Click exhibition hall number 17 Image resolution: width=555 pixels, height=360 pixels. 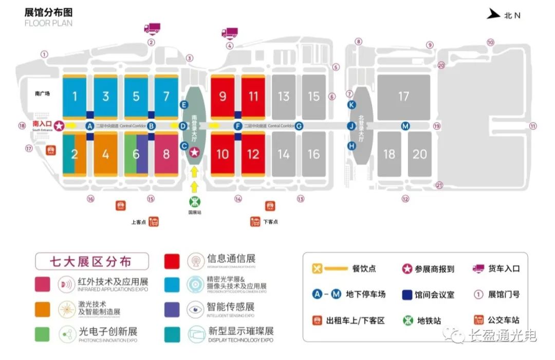[x=403, y=97]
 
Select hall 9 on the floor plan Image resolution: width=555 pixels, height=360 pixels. [x=223, y=97]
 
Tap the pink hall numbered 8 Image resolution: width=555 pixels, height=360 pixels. [x=166, y=154]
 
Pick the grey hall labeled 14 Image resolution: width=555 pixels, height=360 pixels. [x=283, y=154]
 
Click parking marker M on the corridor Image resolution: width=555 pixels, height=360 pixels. [x=405, y=126]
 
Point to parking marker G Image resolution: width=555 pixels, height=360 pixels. [x=299, y=126]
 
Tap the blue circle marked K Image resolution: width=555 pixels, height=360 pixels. [x=352, y=105]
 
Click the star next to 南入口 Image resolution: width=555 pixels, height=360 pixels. [x=60, y=125]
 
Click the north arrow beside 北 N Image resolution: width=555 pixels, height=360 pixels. [x=494, y=14]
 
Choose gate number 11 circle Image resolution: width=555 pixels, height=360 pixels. [x=533, y=126]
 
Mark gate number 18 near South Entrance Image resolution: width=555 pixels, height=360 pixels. [x=22, y=126]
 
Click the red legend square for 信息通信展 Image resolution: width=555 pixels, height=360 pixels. [x=172, y=261]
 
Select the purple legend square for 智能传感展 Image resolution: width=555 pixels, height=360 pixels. [x=172, y=309]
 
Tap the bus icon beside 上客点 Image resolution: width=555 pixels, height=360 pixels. [x=154, y=222]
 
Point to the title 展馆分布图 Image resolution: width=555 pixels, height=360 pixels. [x=49, y=12]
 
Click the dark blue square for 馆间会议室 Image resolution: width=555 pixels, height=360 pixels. [x=406, y=295]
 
